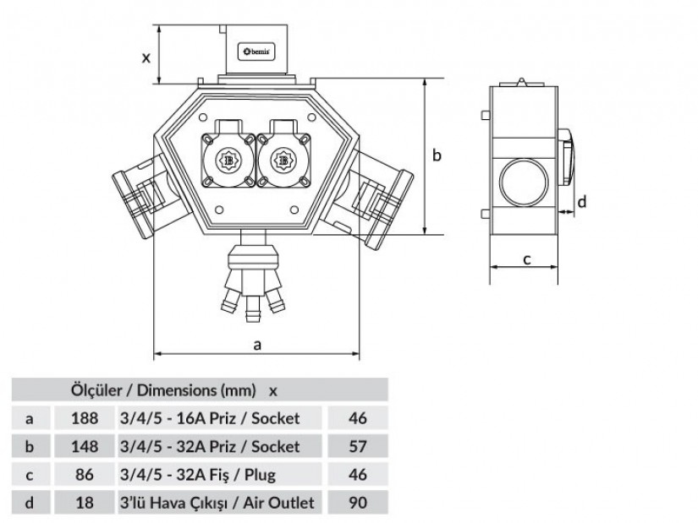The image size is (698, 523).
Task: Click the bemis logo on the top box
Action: [x=256, y=52]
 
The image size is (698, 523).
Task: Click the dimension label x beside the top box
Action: [x=146, y=57]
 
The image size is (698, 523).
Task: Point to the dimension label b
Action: [x=437, y=155]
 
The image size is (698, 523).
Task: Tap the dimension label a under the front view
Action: [x=257, y=345]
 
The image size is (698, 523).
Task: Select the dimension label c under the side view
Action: [x=527, y=259]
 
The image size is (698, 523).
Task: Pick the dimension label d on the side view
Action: [x=582, y=201]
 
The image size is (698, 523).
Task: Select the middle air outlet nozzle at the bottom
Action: [x=253, y=309]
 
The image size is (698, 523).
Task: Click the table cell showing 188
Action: [x=85, y=418]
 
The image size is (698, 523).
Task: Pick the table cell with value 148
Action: [x=85, y=446]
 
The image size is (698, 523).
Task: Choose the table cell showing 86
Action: [x=85, y=475]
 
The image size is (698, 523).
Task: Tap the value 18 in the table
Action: [x=85, y=503]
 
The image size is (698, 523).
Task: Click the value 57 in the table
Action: [x=357, y=446]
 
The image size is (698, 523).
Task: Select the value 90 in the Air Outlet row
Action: [x=357, y=503]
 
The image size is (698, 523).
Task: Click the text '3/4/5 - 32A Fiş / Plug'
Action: [x=198, y=475]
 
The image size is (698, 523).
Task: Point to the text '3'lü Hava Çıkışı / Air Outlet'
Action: [x=217, y=503]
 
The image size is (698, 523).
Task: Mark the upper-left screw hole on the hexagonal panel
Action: [x=203, y=117]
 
